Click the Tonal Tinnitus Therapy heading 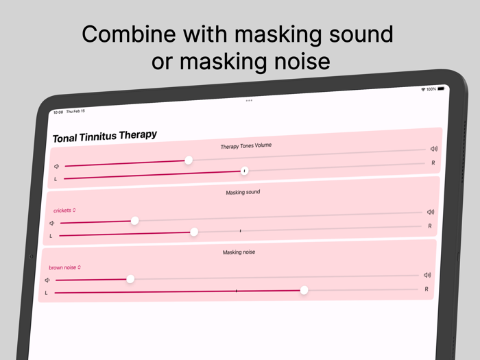pyautogui.click(x=104, y=136)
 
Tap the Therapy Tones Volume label pyautogui.click(x=246, y=146)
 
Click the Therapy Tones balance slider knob pyautogui.click(x=244, y=171)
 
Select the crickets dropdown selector pyautogui.click(x=64, y=211)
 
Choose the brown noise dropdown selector pyautogui.click(x=64, y=267)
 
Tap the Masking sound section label pyautogui.click(x=243, y=193)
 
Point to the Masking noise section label pyautogui.click(x=239, y=252)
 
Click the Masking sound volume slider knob pyautogui.click(x=135, y=220)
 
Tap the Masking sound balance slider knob pyautogui.click(x=194, y=232)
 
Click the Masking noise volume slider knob pyautogui.click(x=130, y=278)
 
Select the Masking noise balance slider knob pyautogui.click(x=304, y=290)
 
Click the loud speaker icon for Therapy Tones pyautogui.click(x=434, y=149)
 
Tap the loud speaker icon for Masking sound pyautogui.click(x=431, y=212)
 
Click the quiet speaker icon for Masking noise pyautogui.click(x=47, y=280)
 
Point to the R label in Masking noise pyautogui.click(x=427, y=289)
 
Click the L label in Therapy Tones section pyautogui.click(x=56, y=179)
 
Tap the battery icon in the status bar pyautogui.click(x=442, y=88)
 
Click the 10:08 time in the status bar pyautogui.click(x=58, y=112)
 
